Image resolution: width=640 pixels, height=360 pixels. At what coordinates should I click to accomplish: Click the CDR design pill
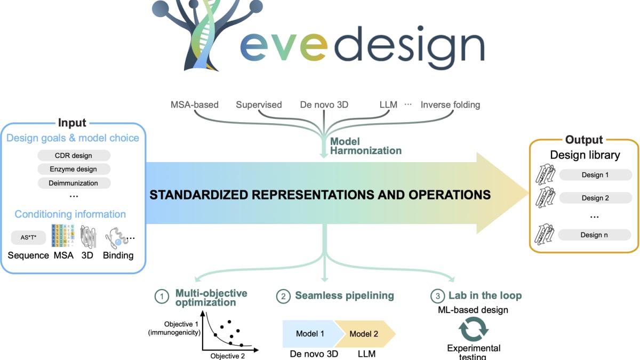coord(74,156)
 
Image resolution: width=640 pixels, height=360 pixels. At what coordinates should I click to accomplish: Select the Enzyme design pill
coord(74,169)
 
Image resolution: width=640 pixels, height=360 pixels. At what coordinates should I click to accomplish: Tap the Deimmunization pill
coord(74,183)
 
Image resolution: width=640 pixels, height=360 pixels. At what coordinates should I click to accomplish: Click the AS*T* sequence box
coord(28,237)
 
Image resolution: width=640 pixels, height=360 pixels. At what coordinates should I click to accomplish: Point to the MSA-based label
coord(194,105)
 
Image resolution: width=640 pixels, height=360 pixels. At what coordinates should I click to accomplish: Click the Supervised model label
coord(259,105)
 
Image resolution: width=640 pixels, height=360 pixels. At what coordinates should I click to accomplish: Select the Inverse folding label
coord(450,105)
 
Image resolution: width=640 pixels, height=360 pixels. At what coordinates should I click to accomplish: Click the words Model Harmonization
coord(365,146)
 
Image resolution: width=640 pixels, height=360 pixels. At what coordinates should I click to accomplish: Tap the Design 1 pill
coord(595,174)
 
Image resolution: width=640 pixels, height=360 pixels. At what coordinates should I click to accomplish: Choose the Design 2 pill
coord(595,198)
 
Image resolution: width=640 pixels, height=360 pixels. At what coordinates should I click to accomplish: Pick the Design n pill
coord(595,234)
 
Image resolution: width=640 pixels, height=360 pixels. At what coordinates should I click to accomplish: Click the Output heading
coord(584,140)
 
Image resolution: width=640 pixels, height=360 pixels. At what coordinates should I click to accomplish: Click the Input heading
coord(72,123)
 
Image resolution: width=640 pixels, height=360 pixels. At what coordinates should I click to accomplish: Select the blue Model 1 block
coord(309,334)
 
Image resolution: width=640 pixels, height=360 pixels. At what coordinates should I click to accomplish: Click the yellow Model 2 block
coord(365,334)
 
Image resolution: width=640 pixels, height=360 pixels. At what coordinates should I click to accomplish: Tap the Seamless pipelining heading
coord(344,295)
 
